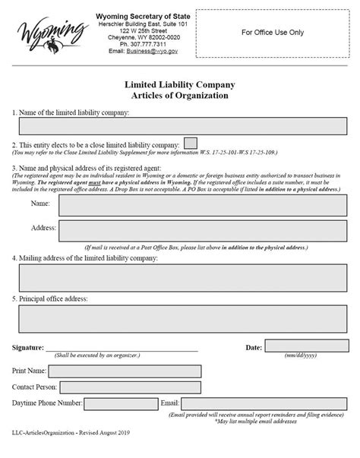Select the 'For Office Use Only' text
(x=273, y=33)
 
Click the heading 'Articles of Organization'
(x=179, y=96)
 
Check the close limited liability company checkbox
(x=191, y=144)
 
